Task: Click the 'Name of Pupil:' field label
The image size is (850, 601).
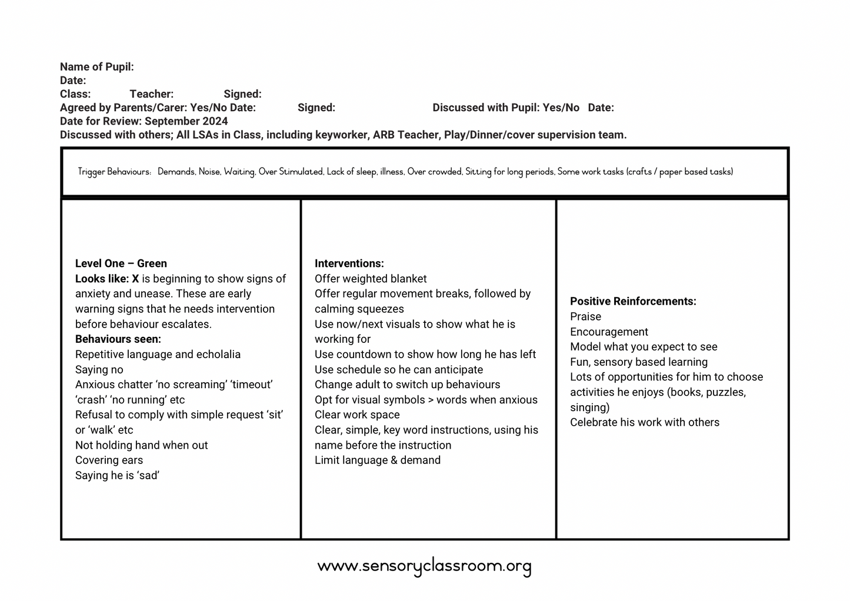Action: pyautogui.click(x=96, y=67)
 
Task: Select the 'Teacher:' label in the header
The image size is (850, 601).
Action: pyautogui.click(x=151, y=94)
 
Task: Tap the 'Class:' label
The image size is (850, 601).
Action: pyautogui.click(x=75, y=94)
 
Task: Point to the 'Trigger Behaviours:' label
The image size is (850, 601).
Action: pyautogui.click(x=114, y=172)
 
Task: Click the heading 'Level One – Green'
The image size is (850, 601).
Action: pyautogui.click(x=121, y=263)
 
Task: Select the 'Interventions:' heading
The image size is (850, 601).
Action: pyautogui.click(x=349, y=263)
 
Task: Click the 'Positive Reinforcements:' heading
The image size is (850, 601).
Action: pyautogui.click(x=633, y=301)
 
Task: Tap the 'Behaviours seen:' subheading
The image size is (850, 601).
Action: pyautogui.click(x=118, y=339)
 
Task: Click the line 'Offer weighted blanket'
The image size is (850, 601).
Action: pyautogui.click(x=371, y=279)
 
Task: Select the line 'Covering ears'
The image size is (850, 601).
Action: pyautogui.click(x=109, y=460)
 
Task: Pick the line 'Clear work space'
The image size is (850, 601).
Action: pyautogui.click(x=357, y=415)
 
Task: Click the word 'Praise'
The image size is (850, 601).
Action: pyautogui.click(x=585, y=316)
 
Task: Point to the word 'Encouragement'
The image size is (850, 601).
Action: pyautogui.click(x=609, y=332)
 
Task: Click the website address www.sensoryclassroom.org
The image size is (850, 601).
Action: pyautogui.click(x=424, y=566)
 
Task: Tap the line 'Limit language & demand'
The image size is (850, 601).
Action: pyautogui.click(x=377, y=460)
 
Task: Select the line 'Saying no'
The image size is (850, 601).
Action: pyautogui.click(x=99, y=369)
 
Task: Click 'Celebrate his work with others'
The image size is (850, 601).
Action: pyautogui.click(x=644, y=422)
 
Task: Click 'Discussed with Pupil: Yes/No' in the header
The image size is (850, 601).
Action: pyautogui.click(x=506, y=108)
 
